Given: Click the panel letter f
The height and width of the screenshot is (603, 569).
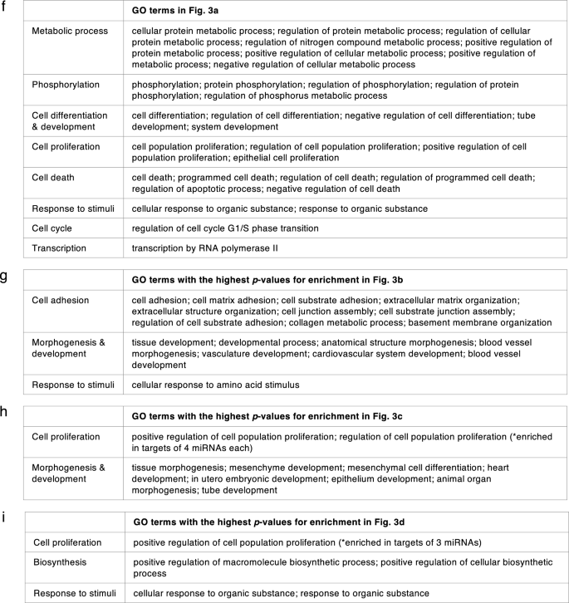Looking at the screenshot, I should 7,7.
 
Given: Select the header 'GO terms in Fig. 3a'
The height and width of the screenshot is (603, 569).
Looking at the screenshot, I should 179,12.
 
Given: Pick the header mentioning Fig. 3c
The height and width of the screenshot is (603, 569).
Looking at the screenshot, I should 266,420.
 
